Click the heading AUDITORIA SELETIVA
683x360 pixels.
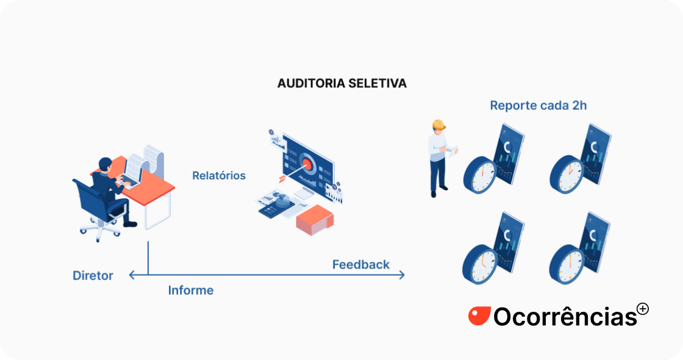click(x=342, y=83)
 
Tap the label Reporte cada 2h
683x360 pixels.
click(x=538, y=106)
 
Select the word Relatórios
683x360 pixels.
click(x=219, y=176)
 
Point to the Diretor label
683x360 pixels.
click(x=93, y=276)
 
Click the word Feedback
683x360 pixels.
click(x=361, y=265)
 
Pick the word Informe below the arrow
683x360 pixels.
click(x=191, y=290)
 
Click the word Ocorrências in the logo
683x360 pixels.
click(x=565, y=316)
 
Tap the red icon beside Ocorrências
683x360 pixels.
click(x=479, y=315)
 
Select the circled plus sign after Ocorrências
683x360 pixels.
click(x=642, y=309)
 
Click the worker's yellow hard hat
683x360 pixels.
click(x=438, y=124)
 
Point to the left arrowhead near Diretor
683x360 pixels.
click(x=132, y=275)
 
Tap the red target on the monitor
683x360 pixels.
click(x=307, y=163)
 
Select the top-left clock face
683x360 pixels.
click(x=479, y=173)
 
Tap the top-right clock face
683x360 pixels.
click(x=566, y=174)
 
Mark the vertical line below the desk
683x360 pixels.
click(x=148, y=258)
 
